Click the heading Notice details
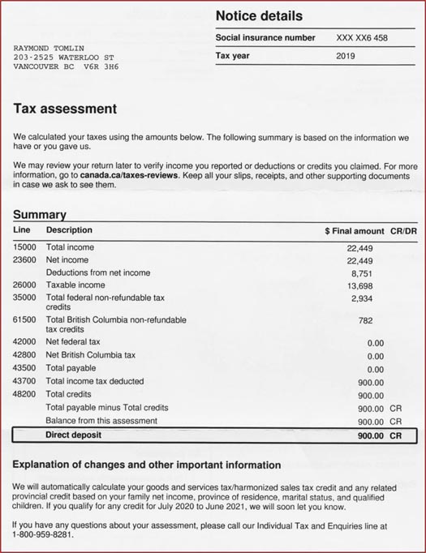(x=259, y=15)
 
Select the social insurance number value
(x=362, y=38)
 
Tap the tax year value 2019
(x=346, y=56)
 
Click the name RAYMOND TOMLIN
(x=49, y=49)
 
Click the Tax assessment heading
(x=65, y=109)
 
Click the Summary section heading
(x=39, y=215)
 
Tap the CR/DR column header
(x=404, y=231)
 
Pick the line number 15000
(x=24, y=247)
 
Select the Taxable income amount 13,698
(x=359, y=286)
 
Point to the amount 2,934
(x=361, y=299)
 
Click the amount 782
(x=365, y=320)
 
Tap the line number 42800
(x=24, y=355)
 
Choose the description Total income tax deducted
(x=95, y=381)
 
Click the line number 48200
(x=24, y=394)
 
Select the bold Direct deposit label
(x=74, y=435)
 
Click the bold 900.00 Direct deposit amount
(x=370, y=435)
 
